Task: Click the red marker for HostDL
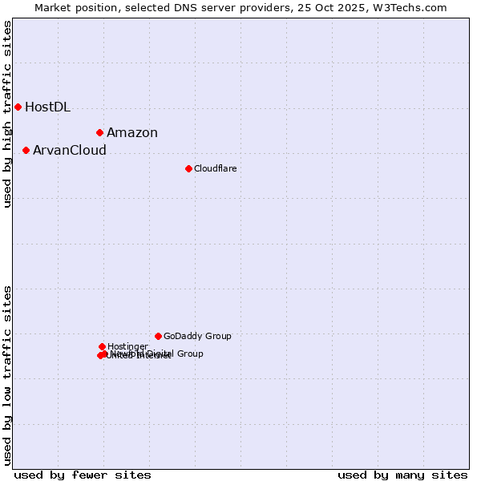pyautogui.click(x=18, y=107)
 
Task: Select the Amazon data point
pyautogui.click(x=99, y=132)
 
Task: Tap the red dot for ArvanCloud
pyautogui.click(x=26, y=150)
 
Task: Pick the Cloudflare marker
pyautogui.click(x=188, y=168)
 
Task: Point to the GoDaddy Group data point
pyautogui.click(x=158, y=336)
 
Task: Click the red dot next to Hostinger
pyautogui.click(x=102, y=346)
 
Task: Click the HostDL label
pyautogui.click(x=47, y=107)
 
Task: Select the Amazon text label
pyautogui.click(x=132, y=133)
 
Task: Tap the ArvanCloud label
pyautogui.click(x=70, y=151)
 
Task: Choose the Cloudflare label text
pyautogui.click(x=215, y=169)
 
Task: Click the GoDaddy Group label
pyautogui.click(x=197, y=337)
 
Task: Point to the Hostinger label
pyautogui.click(x=127, y=347)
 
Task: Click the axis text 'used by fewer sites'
pyautogui.click(x=83, y=475)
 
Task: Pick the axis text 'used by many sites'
pyautogui.click(x=402, y=475)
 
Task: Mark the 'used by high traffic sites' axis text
pyautogui.click(x=7, y=115)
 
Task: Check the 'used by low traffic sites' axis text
pyautogui.click(x=7, y=375)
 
